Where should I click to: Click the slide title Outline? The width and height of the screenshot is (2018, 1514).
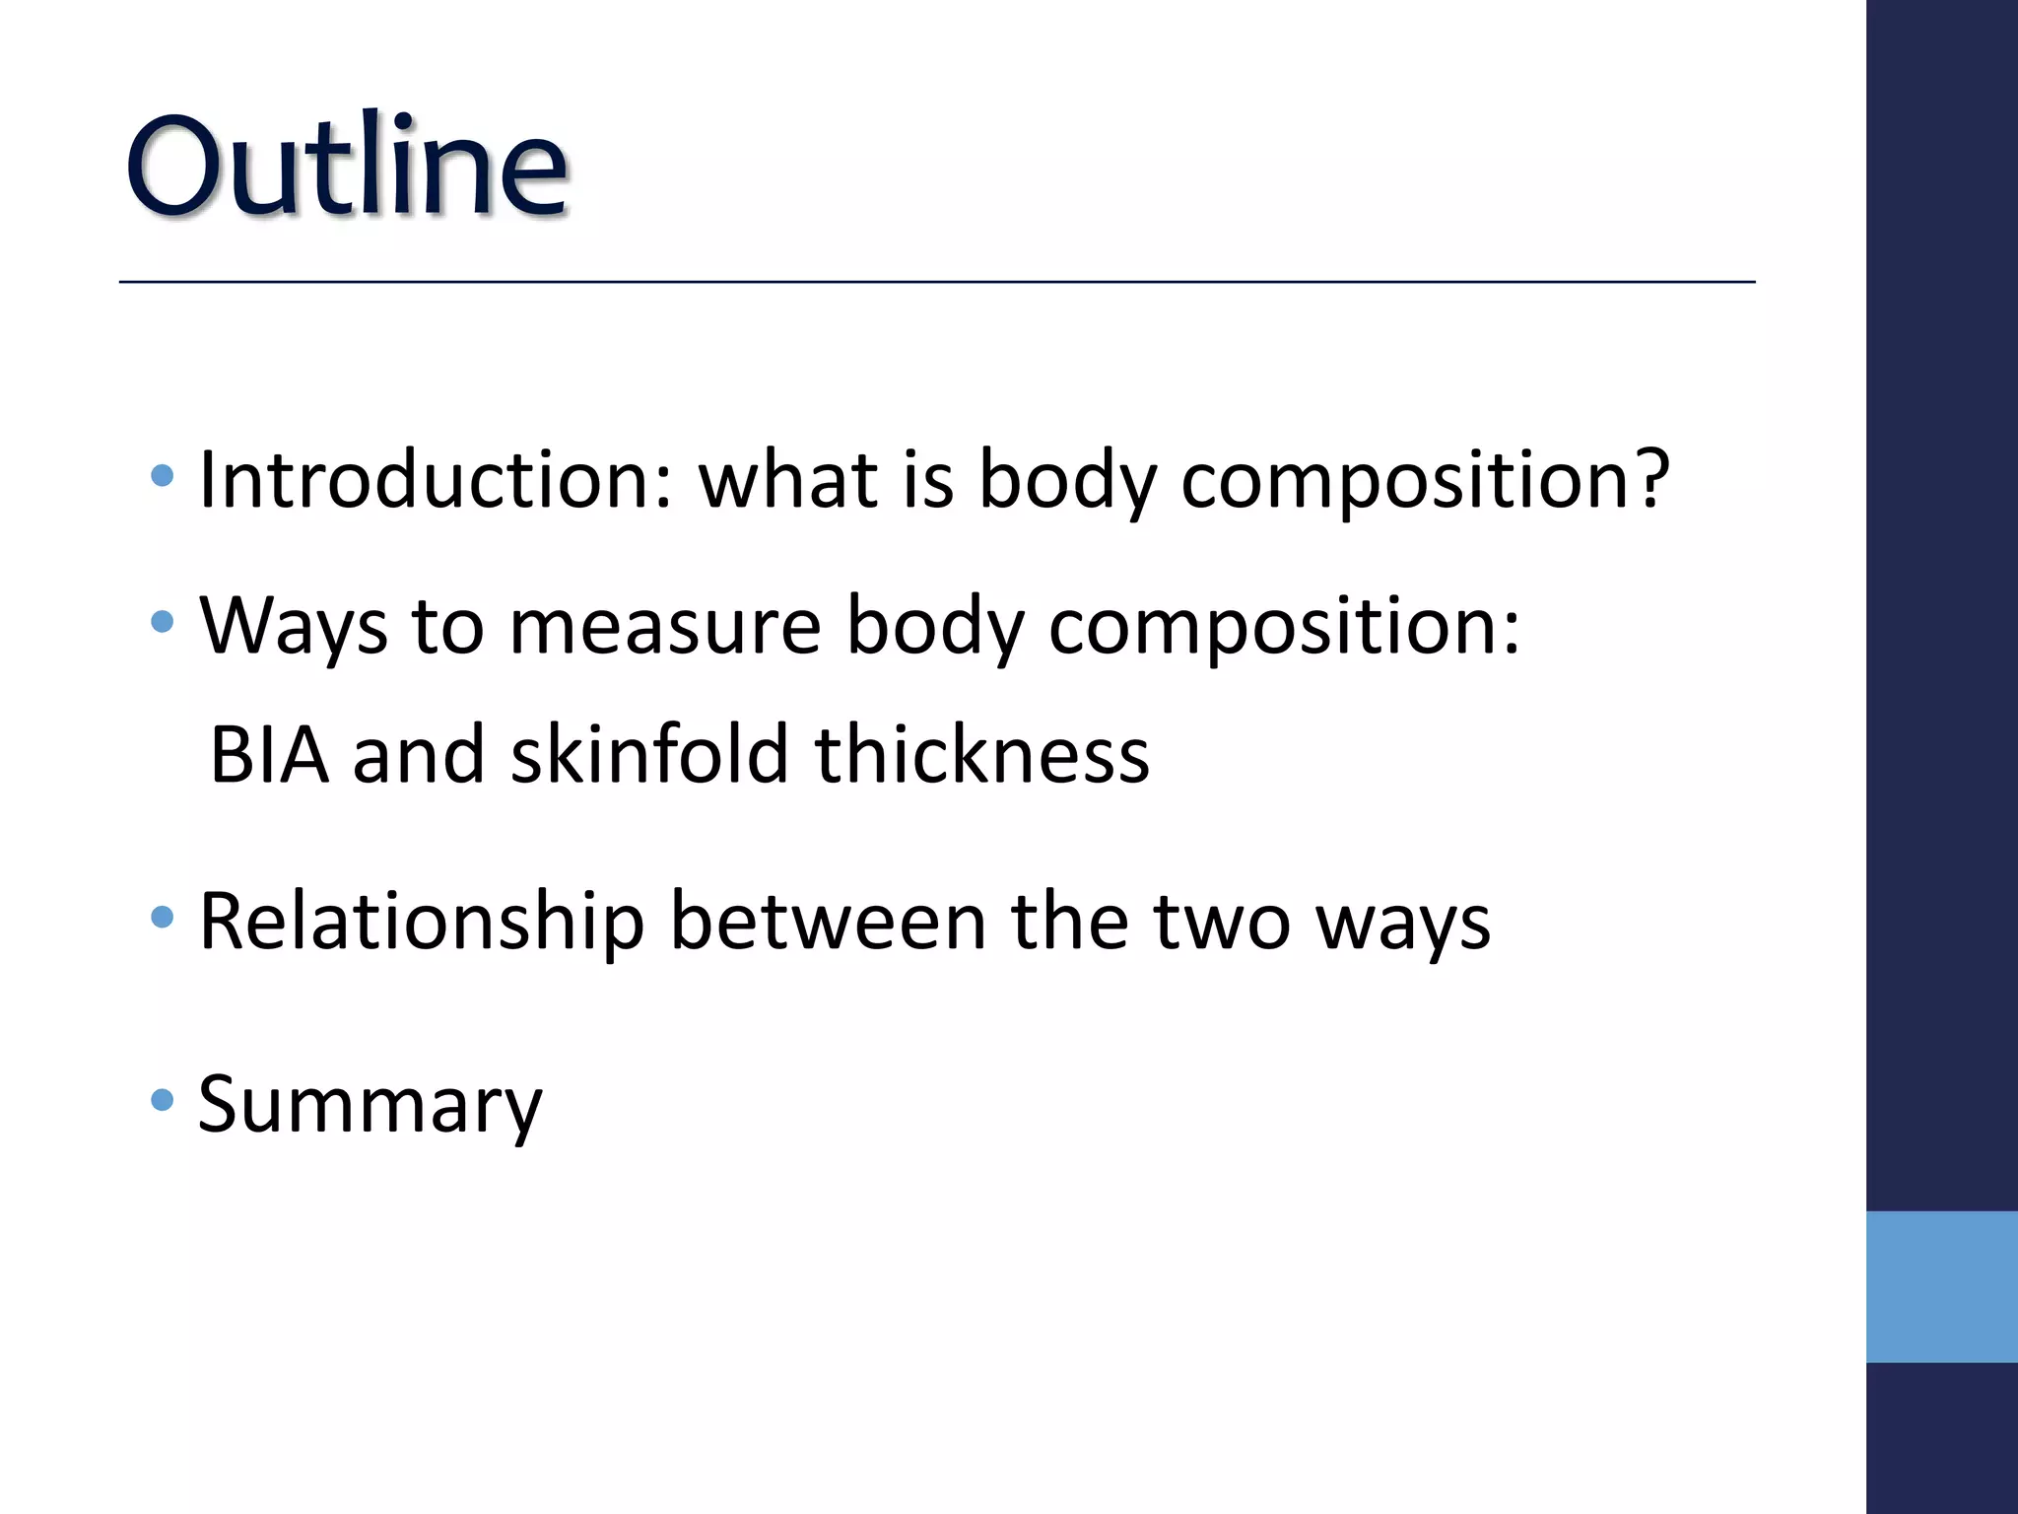pos(347,166)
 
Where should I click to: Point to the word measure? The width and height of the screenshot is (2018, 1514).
pos(665,629)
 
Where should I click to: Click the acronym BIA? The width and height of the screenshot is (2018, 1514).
pos(269,755)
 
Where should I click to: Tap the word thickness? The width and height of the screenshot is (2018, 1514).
pos(981,755)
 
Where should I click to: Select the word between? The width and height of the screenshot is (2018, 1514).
pos(828,923)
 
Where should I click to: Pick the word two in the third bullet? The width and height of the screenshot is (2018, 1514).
pos(1221,923)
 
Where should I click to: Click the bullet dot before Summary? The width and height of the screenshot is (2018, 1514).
pos(163,1099)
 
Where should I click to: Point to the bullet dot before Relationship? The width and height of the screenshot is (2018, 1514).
pos(163,918)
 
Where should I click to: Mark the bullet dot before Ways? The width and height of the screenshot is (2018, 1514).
pos(163,622)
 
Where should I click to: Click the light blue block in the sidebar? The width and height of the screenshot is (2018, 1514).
pos(1941,1286)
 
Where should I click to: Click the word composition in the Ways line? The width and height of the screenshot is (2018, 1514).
pos(1284,629)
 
